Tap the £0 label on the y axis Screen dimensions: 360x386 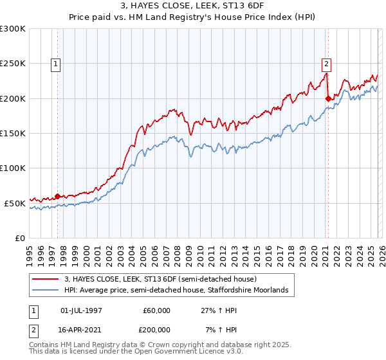coord(21,238)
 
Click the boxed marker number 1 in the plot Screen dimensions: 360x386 coord(57,64)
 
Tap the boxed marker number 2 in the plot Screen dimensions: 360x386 coord(327,64)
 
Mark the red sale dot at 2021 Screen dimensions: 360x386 coord(328,98)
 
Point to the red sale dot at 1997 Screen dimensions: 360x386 coord(57,196)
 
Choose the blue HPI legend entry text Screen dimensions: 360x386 coord(179,291)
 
